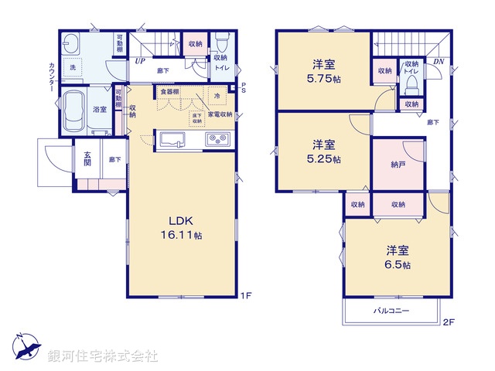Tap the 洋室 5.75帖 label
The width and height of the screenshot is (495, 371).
coord(323,72)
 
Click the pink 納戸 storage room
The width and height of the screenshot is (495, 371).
coord(398,165)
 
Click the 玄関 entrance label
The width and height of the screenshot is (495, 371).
coord(87,159)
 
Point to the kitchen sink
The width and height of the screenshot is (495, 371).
coord(172,140)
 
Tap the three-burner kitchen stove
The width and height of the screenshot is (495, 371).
coord(217,140)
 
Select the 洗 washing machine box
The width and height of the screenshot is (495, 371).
coord(74,67)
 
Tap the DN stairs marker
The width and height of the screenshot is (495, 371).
coord(438,61)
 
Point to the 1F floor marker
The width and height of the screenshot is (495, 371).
coord(245,295)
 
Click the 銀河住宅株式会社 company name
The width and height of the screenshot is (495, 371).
coord(103,356)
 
